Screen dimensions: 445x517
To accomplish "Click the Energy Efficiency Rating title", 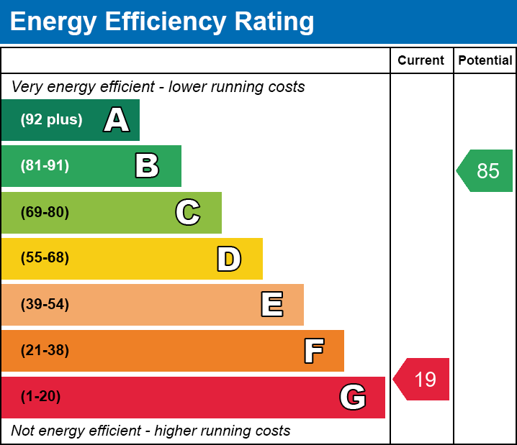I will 162,22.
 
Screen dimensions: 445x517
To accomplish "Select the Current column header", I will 421,60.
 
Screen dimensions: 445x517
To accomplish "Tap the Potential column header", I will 485,60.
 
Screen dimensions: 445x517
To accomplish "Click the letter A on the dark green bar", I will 117,119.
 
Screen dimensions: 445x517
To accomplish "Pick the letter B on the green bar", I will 147,166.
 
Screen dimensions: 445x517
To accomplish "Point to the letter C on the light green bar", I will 188,212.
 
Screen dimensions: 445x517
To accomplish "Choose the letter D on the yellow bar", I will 229,259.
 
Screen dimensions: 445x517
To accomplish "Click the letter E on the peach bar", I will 271,305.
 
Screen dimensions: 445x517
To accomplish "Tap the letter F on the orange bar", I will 313,351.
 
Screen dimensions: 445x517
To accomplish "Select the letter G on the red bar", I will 353,397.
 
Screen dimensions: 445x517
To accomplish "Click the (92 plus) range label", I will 51,119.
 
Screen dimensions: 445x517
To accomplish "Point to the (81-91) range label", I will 45,166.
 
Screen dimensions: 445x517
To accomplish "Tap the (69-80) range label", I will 45,212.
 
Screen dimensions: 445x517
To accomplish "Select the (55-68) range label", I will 45,258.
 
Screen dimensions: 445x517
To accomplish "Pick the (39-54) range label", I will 45,304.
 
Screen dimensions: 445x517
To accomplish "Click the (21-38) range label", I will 45,351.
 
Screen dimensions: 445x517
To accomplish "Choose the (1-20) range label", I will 41,397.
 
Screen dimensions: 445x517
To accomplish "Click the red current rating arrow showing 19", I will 423,379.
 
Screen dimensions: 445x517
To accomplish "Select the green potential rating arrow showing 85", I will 486,170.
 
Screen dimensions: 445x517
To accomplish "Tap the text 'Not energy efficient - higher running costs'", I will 150,431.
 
